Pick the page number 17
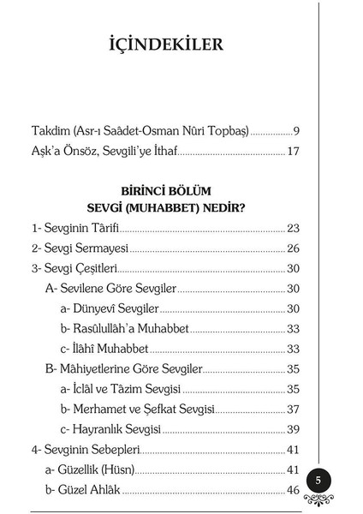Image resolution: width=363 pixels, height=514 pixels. coord(293,152)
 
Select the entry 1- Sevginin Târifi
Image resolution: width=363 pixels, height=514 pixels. coord(74,229)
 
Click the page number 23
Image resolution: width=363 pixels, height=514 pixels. coord(293,229)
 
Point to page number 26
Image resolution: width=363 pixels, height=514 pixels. coord(293,248)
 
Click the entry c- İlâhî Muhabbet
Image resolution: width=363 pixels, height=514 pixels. coord(104,349)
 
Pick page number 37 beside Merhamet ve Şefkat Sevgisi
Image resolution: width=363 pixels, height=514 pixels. coord(293,409)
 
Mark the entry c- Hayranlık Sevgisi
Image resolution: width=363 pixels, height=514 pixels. coord(110,429)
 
